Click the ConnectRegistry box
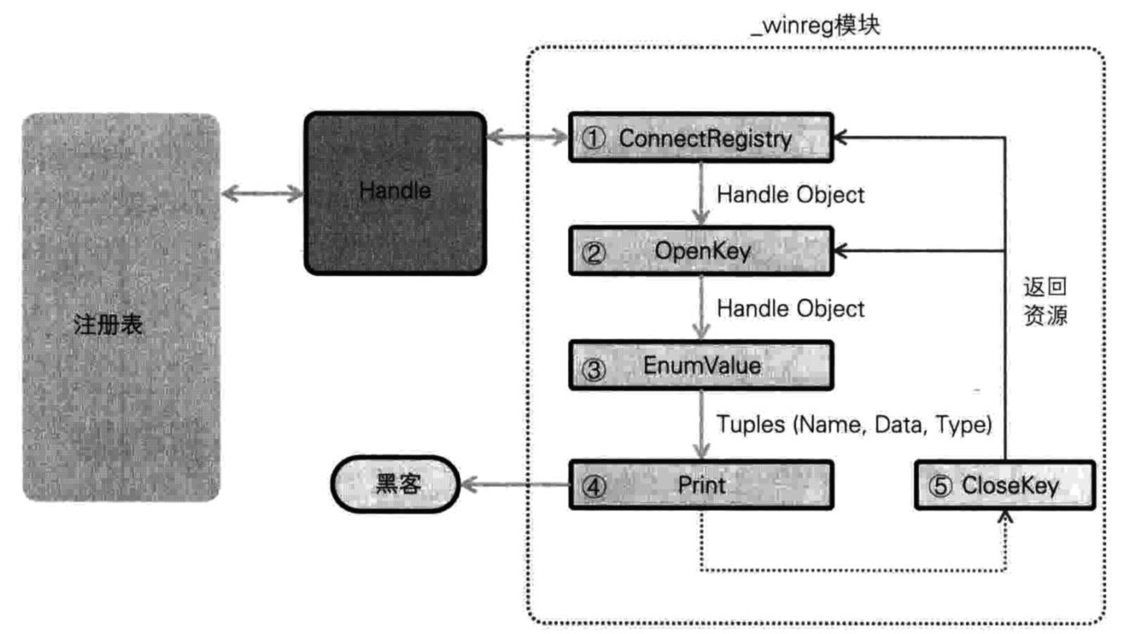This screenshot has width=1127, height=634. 701,138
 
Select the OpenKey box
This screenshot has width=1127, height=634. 701,251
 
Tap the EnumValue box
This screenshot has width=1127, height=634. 701,365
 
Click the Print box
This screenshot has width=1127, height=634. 701,485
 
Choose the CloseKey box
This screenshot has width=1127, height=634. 1004,485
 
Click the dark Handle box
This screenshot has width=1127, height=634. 395,193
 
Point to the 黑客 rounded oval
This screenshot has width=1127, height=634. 396,484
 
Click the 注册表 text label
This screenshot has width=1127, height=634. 108,325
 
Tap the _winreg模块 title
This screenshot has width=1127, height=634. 815,25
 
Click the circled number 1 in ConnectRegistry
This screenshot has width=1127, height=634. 593,138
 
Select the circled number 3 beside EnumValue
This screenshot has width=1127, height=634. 593,369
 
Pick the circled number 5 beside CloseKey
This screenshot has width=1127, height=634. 940,486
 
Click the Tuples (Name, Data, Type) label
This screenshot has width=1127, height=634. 854,424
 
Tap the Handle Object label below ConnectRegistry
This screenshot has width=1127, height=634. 790,195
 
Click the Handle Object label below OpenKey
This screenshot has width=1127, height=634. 790,309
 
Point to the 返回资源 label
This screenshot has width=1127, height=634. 1045,301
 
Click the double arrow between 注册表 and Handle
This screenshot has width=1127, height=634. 262,193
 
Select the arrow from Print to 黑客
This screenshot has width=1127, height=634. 515,484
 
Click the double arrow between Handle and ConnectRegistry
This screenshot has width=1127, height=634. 527,138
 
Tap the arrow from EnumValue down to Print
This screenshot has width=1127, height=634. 701,424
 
